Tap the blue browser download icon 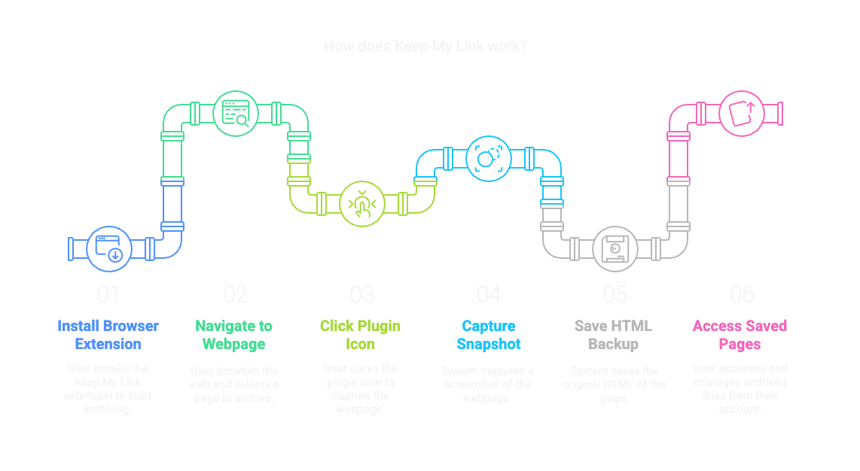pyautogui.click(x=108, y=248)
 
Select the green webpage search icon pyautogui.click(x=236, y=113)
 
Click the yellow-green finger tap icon pyautogui.click(x=362, y=204)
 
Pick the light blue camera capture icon pyautogui.click(x=489, y=158)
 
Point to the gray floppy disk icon pyautogui.click(x=615, y=249)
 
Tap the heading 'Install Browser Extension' pyautogui.click(x=108, y=335)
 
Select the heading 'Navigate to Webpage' pyautogui.click(x=234, y=335)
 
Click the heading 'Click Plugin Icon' pyautogui.click(x=361, y=335)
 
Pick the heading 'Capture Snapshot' pyautogui.click(x=489, y=335)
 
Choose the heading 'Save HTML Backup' pyautogui.click(x=613, y=335)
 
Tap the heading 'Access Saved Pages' pyautogui.click(x=740, y=335)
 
